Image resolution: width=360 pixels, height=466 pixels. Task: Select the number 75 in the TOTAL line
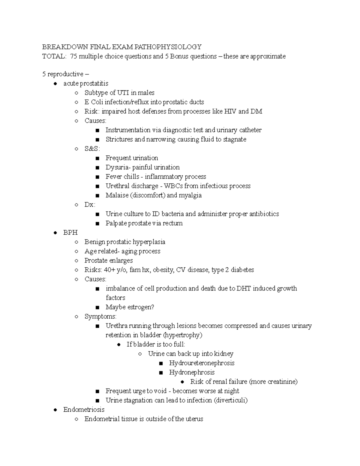(x=73, y=56)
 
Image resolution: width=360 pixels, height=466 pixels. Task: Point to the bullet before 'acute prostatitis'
(x=55, y=83)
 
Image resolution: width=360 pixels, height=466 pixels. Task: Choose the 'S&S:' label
(x=92, y=149)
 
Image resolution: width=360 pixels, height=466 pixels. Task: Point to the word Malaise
(x=117, y=195)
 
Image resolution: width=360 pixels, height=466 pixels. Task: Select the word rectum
(x=173, y=223)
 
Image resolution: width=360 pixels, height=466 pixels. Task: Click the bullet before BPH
(x=55, y=233)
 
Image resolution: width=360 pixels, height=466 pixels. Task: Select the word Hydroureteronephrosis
(x=202, y=363)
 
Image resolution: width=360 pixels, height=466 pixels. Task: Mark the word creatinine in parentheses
(x=281, y=381)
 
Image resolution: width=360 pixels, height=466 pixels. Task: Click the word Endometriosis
(x=84, y=409)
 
